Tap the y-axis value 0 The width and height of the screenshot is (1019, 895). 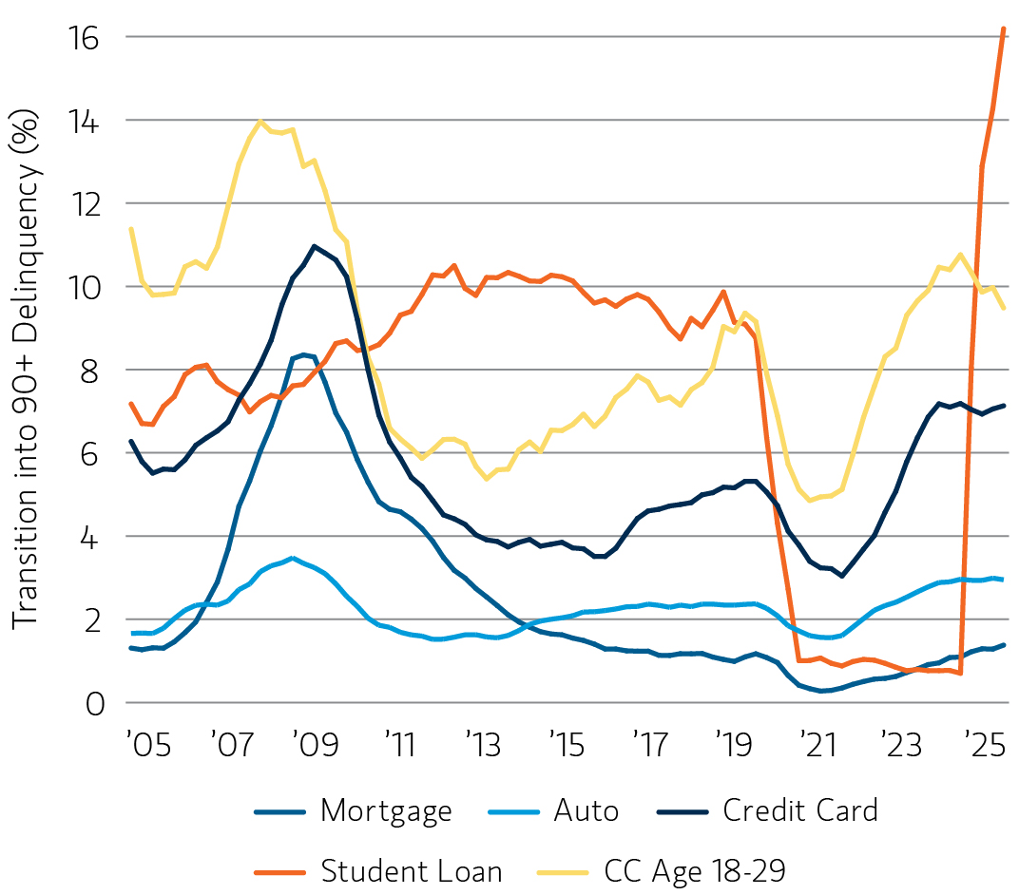pos(93,703)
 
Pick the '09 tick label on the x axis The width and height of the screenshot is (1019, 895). pos(314,744)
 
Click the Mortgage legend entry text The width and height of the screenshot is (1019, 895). pos(386,811)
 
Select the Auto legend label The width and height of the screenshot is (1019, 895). pos(586,811)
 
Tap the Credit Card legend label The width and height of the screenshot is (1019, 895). pos(799,811)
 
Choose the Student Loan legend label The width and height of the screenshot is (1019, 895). pos(411,870)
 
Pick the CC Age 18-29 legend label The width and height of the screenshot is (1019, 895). pos(695,870)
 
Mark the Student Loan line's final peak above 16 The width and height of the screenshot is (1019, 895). pos(1004,29)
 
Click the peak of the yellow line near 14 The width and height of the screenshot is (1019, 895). pos(260,122)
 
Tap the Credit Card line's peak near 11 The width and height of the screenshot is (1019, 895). pos(314,246)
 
